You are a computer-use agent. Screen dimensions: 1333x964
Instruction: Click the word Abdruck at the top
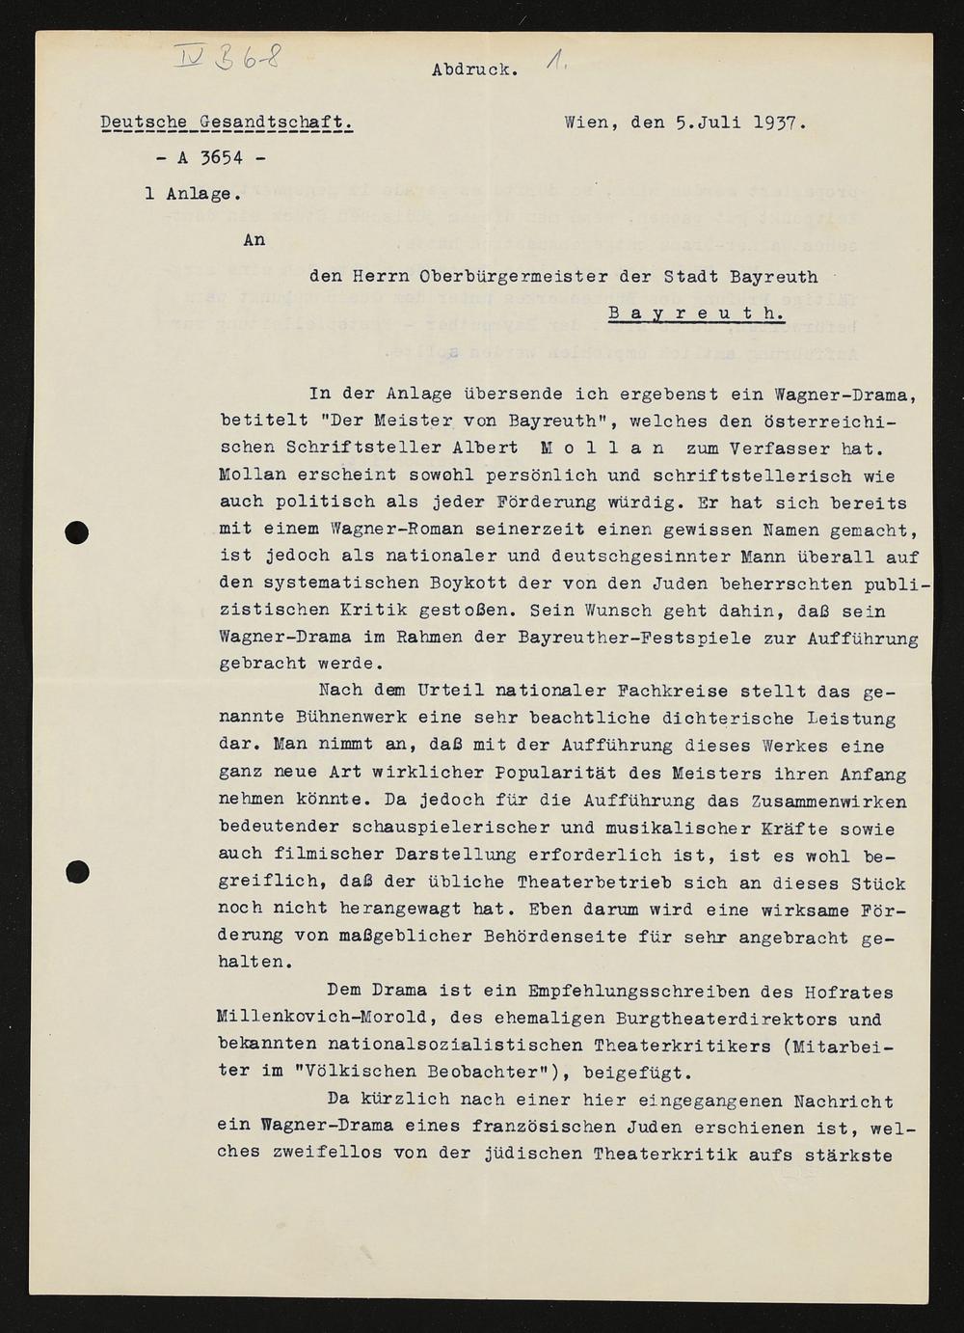[x=474, y=69]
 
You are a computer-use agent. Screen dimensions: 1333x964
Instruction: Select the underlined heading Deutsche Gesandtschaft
[x=228, y=122]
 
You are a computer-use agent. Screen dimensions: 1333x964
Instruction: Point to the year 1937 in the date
[x=778, y=122]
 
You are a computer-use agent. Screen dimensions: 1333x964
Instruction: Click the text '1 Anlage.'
[x=188, y=193]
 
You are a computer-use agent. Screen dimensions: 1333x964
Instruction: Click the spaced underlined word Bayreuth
[x=696, y=313]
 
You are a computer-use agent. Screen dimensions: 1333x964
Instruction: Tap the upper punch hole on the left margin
[x=77, y=530]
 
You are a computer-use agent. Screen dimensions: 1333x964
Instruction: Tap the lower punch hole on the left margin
[x=77, y=872]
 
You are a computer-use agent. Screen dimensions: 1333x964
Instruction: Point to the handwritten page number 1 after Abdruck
[x=554, y=64]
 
